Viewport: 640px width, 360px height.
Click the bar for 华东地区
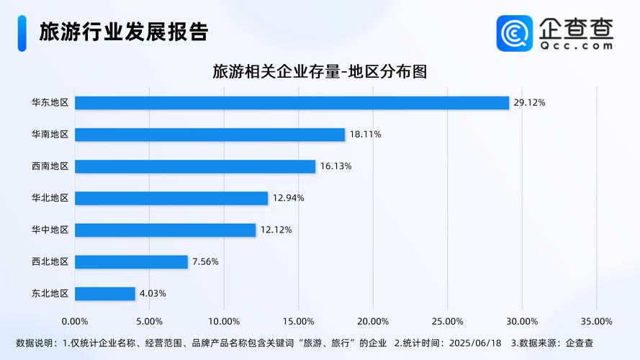tap(292, 103)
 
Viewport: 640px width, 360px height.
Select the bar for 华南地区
tap(209, 135)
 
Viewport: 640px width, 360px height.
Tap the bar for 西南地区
tap(195, 166)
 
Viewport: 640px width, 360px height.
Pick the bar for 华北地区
tap(171, 198)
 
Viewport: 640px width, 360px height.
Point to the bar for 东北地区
tap(105, 294)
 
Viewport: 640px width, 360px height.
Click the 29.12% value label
tap(529, 103)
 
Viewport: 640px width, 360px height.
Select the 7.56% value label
tap(205, 262)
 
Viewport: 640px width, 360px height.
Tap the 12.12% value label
tap(276, 230)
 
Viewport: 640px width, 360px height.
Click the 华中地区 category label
tap(50, 230)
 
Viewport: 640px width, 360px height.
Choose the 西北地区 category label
tap(50, 262)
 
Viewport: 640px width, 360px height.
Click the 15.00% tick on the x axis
tap(298, 321)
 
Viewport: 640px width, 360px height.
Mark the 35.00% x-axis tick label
tap(596, 321)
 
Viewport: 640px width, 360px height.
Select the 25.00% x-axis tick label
tap(447, 321)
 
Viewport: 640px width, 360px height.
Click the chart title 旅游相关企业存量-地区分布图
tap(320, 71)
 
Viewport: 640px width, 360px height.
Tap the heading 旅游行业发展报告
tap(123, 32)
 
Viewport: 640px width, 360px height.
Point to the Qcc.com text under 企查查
tap(576, 45)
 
